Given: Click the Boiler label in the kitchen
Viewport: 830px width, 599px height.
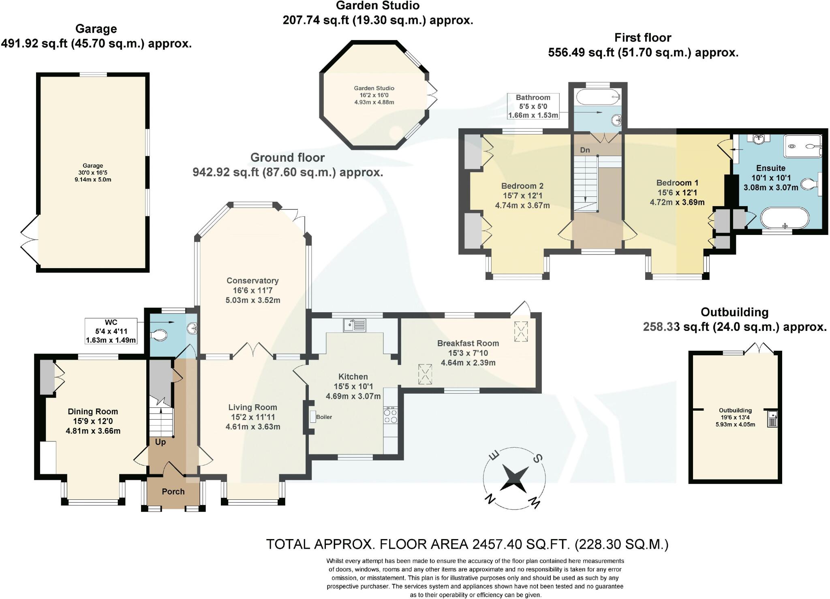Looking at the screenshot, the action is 324,417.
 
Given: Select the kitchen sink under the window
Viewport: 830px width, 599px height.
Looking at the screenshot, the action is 354,325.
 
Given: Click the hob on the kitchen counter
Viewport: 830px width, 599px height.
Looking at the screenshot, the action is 391,415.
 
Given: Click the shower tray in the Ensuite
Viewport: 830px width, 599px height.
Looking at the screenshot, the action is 803,146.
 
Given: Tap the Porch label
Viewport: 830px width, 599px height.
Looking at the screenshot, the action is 173,492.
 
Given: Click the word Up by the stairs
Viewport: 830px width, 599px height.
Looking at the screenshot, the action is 160,442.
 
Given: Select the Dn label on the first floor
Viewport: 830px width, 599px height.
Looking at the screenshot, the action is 585,150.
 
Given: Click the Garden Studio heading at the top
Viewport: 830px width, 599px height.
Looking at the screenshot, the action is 378,6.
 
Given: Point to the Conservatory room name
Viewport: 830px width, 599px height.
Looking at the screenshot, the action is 252,281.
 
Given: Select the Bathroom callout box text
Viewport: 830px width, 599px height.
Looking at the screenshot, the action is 533,107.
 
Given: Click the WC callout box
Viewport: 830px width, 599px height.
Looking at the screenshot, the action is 111,331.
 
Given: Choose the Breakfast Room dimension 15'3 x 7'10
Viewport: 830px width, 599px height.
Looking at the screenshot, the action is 468,353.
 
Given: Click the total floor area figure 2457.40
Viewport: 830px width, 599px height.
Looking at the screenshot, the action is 498,544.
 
